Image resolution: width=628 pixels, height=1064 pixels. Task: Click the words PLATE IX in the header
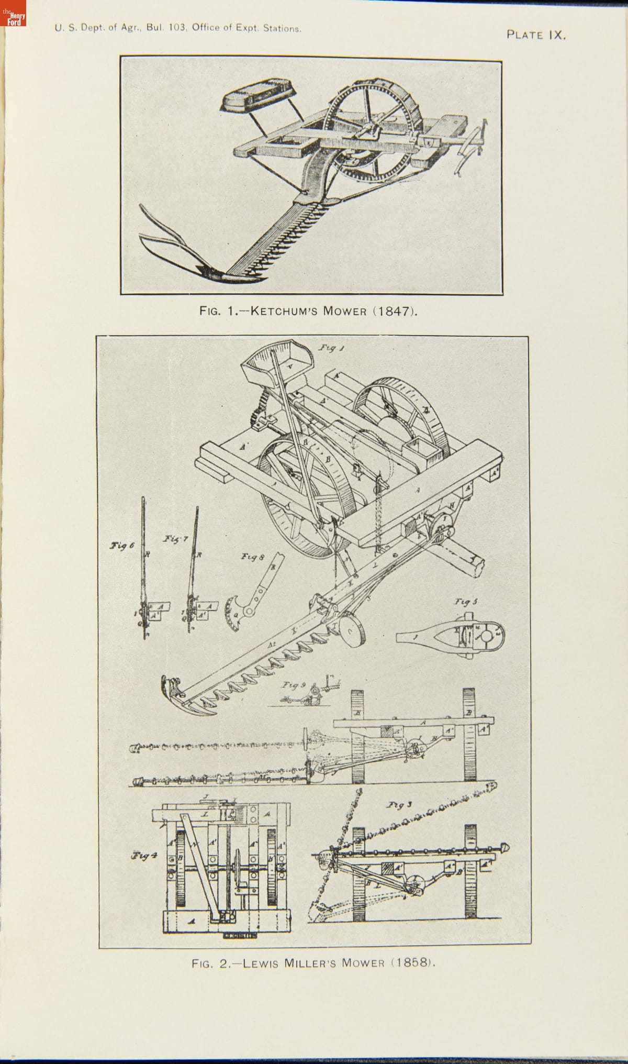(535, 35)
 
